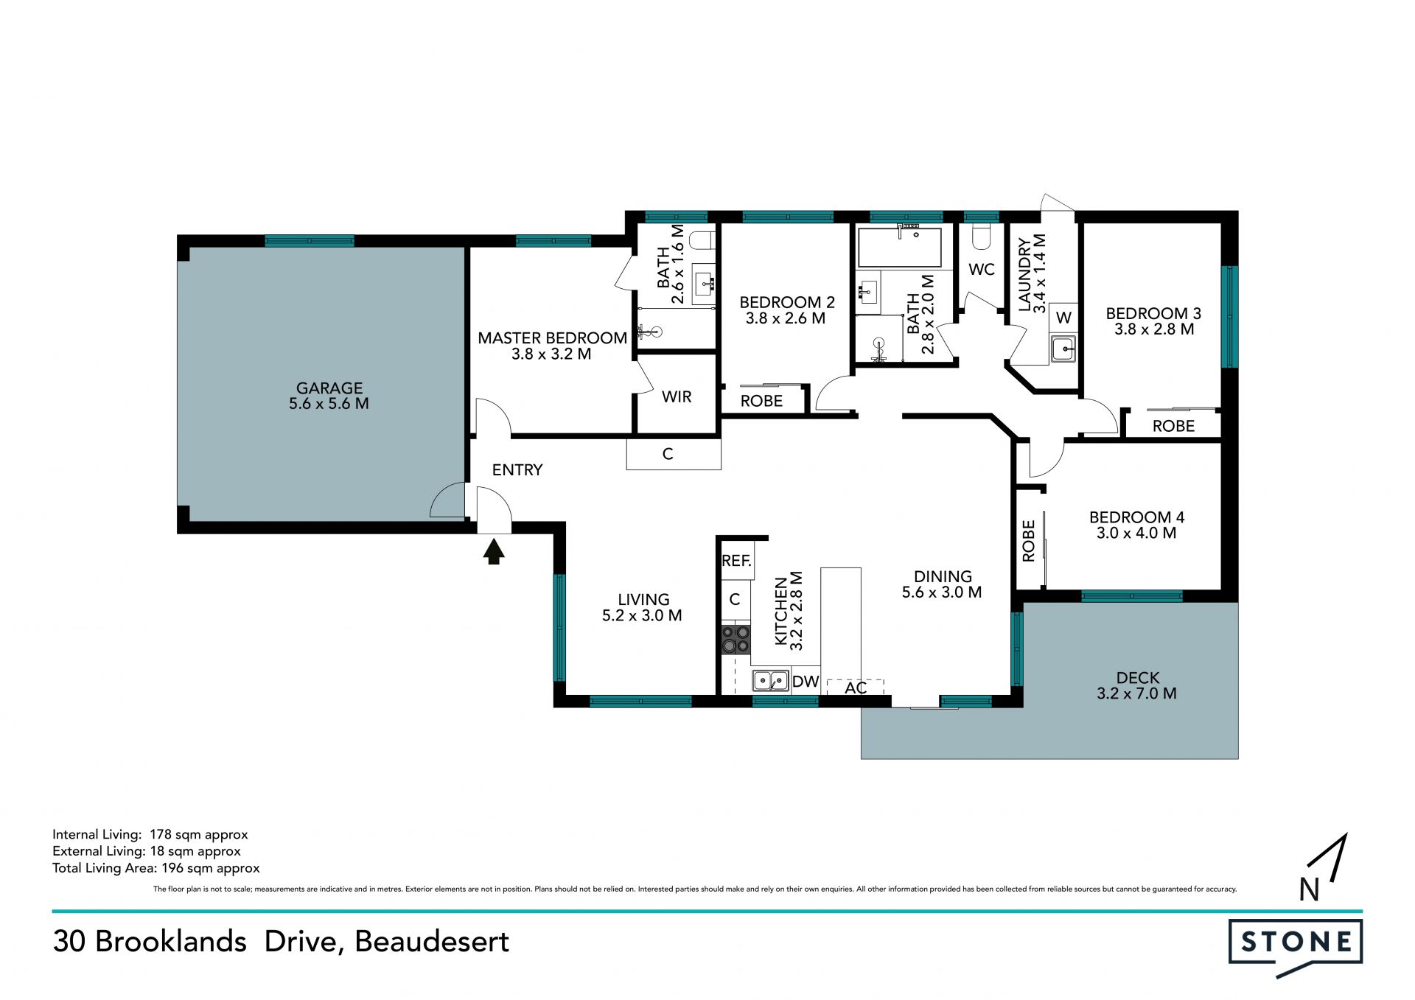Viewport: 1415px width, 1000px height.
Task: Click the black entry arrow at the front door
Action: tap(494, 551)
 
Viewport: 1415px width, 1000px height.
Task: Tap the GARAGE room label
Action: tap(329, 388)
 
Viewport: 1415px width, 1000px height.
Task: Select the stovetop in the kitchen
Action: tap(736, 640)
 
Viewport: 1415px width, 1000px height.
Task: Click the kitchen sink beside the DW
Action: tap(770, 680)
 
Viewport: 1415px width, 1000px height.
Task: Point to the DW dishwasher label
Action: tap(806, 682)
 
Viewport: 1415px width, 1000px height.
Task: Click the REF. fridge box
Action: tap(736, 561)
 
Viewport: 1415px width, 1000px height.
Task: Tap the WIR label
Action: tap(677, 397)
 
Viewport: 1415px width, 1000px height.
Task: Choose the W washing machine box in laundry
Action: tap(1063, 318)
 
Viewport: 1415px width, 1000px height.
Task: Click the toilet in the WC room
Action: tap(982, 236)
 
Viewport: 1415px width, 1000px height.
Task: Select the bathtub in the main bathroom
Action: tap(899, 247)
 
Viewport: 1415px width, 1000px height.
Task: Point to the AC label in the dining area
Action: tap(856, 688)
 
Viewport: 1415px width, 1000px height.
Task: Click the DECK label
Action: tap(1138, 677)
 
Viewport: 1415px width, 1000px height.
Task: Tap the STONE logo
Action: tap(1296, 942)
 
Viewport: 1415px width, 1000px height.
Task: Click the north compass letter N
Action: tap(1309, 890)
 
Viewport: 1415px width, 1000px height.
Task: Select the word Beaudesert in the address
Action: tap(432, 942)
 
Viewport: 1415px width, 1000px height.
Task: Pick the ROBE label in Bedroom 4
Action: tap(1029, 541)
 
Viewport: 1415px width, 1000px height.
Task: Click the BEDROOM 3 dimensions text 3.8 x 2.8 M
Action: tap(1154, 329)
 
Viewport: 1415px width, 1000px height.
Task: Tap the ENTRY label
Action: tap(517, 470)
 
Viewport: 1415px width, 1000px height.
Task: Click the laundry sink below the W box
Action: tap(1063, 349)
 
